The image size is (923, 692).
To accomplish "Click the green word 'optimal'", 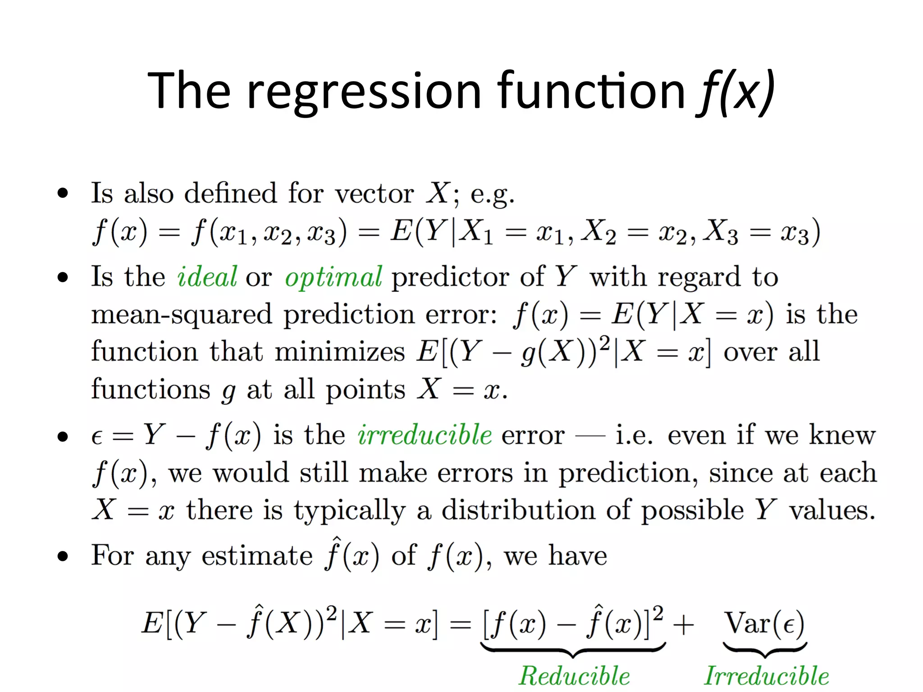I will [334, 277].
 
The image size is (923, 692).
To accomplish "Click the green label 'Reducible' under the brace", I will [574, 676].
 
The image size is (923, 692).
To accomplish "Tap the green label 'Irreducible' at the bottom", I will [766, 676].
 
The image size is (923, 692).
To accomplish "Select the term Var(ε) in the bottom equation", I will [764, 624].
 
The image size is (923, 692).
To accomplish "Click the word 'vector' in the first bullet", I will [374, 194].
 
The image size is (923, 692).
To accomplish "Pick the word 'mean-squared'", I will [182, 314].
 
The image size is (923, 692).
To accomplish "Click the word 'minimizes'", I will [340, 352].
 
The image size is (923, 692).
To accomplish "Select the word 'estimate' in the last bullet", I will [257, 555].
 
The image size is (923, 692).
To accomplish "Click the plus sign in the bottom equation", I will [683, 625].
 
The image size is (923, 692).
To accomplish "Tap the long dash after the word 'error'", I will [590, 436].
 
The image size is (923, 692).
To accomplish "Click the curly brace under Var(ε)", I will [764, 650].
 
